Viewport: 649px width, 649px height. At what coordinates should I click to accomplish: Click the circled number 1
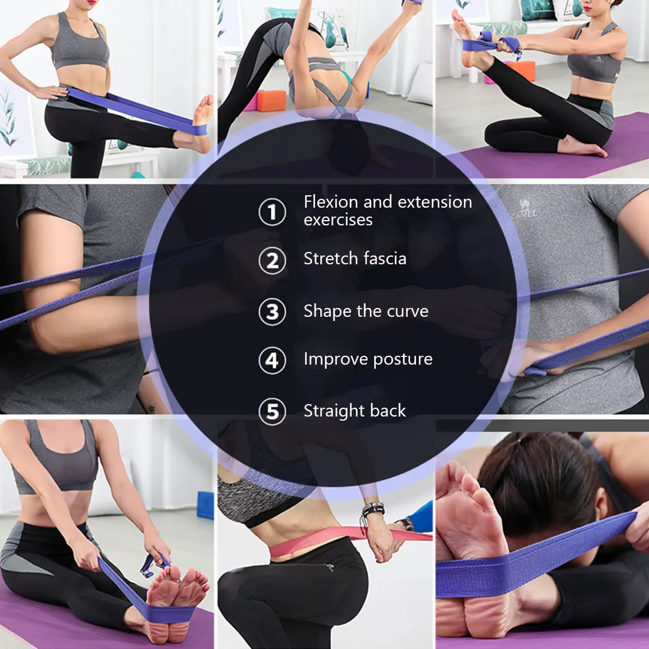pos(272,212)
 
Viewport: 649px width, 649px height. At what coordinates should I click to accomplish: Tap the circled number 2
pos(272,260)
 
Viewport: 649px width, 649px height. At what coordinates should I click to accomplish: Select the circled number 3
pos(272,312)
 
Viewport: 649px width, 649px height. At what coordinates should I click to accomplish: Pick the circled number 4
pos(272,360)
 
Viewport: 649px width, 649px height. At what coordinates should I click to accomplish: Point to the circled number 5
pos(272,412)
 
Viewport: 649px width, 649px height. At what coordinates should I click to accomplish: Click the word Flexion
pos(331,202)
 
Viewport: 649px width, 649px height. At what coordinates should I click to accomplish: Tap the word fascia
pos(385,258)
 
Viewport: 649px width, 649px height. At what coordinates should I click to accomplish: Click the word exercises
pos(338,220)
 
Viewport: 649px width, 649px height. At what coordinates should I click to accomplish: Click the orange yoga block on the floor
pos(271,100)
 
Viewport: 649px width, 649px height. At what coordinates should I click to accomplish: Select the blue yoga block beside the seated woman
pos(205,504)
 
